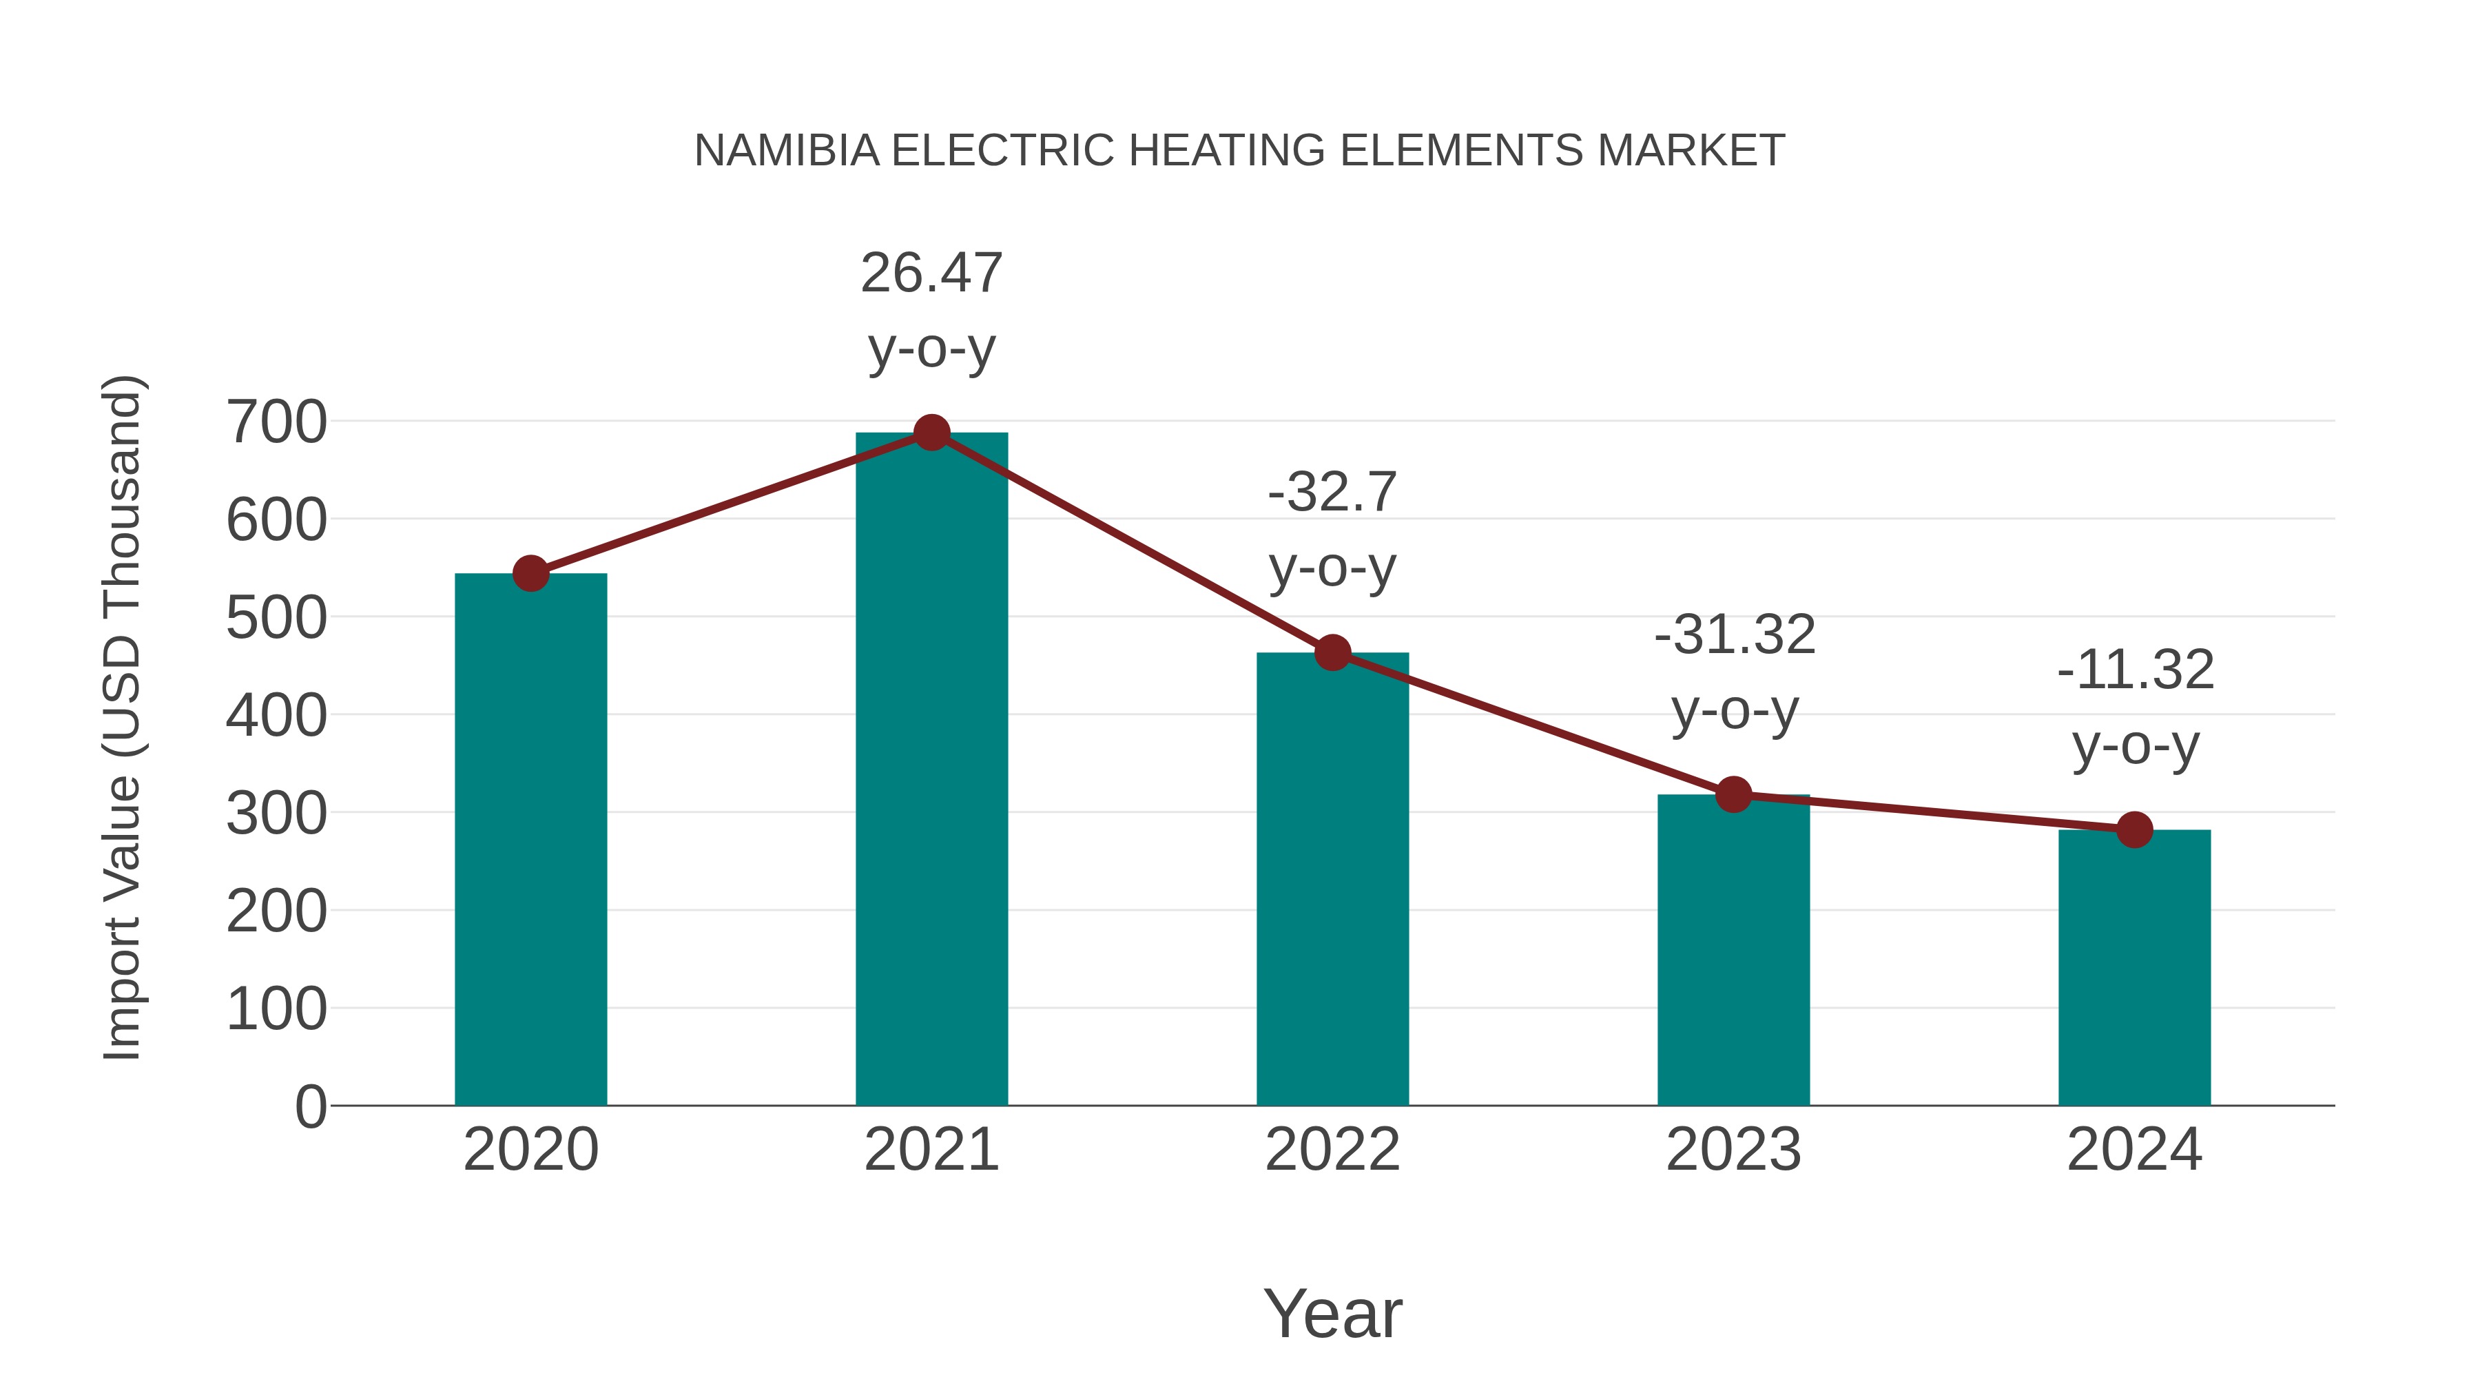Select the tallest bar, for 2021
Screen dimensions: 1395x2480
(931, 769)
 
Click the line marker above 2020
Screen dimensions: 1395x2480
(530, 574)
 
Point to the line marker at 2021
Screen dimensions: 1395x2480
(931, 433)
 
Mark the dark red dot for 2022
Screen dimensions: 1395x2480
(1332, 653)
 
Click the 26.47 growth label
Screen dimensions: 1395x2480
(931, 273)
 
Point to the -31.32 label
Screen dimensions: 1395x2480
(1734, 635)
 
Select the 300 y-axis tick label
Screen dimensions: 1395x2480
(276, 814)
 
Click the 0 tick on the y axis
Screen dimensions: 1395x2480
(310, 1107)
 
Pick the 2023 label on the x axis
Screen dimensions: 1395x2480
(1733, 1150)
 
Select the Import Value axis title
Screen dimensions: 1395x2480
(123, 717)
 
